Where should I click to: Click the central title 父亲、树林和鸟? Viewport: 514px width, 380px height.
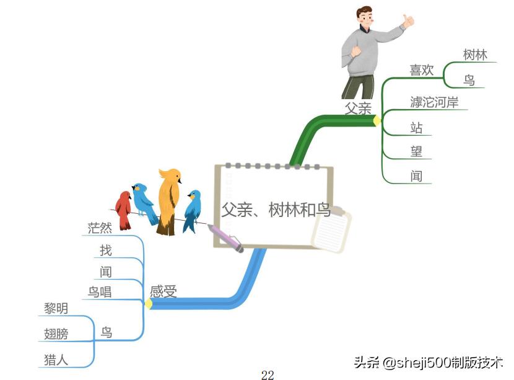(x=277, y=210)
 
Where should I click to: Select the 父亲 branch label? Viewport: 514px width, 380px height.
(x=358, y=108)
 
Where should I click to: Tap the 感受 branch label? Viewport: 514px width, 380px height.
(x=163, y=291)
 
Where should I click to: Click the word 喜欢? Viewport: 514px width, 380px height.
(x=422, y=70)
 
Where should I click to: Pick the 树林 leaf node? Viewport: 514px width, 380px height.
(x=475, y=55)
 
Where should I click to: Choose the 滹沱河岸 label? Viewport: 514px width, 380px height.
(x=434, y=102)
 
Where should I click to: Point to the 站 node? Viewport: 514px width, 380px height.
(x=417, y=128)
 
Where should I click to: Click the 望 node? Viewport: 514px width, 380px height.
(x=417, y=151)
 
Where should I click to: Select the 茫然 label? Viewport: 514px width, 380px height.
(x=100, y=228)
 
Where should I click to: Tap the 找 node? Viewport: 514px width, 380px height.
(x=106, y=250)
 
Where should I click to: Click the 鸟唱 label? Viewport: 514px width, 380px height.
(x=99, y=291)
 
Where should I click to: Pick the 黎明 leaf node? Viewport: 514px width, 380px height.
(x=56, y=308)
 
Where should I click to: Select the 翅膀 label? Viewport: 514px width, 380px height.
(x=56, y=334)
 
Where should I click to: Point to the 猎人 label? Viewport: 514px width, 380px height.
(x=56, y=359)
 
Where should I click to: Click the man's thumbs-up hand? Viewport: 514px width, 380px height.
(x=407, y=21)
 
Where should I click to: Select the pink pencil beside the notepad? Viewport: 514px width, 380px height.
(x=226, y=238)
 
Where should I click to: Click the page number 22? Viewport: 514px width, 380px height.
(x=268, y=374)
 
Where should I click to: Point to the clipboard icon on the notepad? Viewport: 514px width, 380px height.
(x=331, y=231)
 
